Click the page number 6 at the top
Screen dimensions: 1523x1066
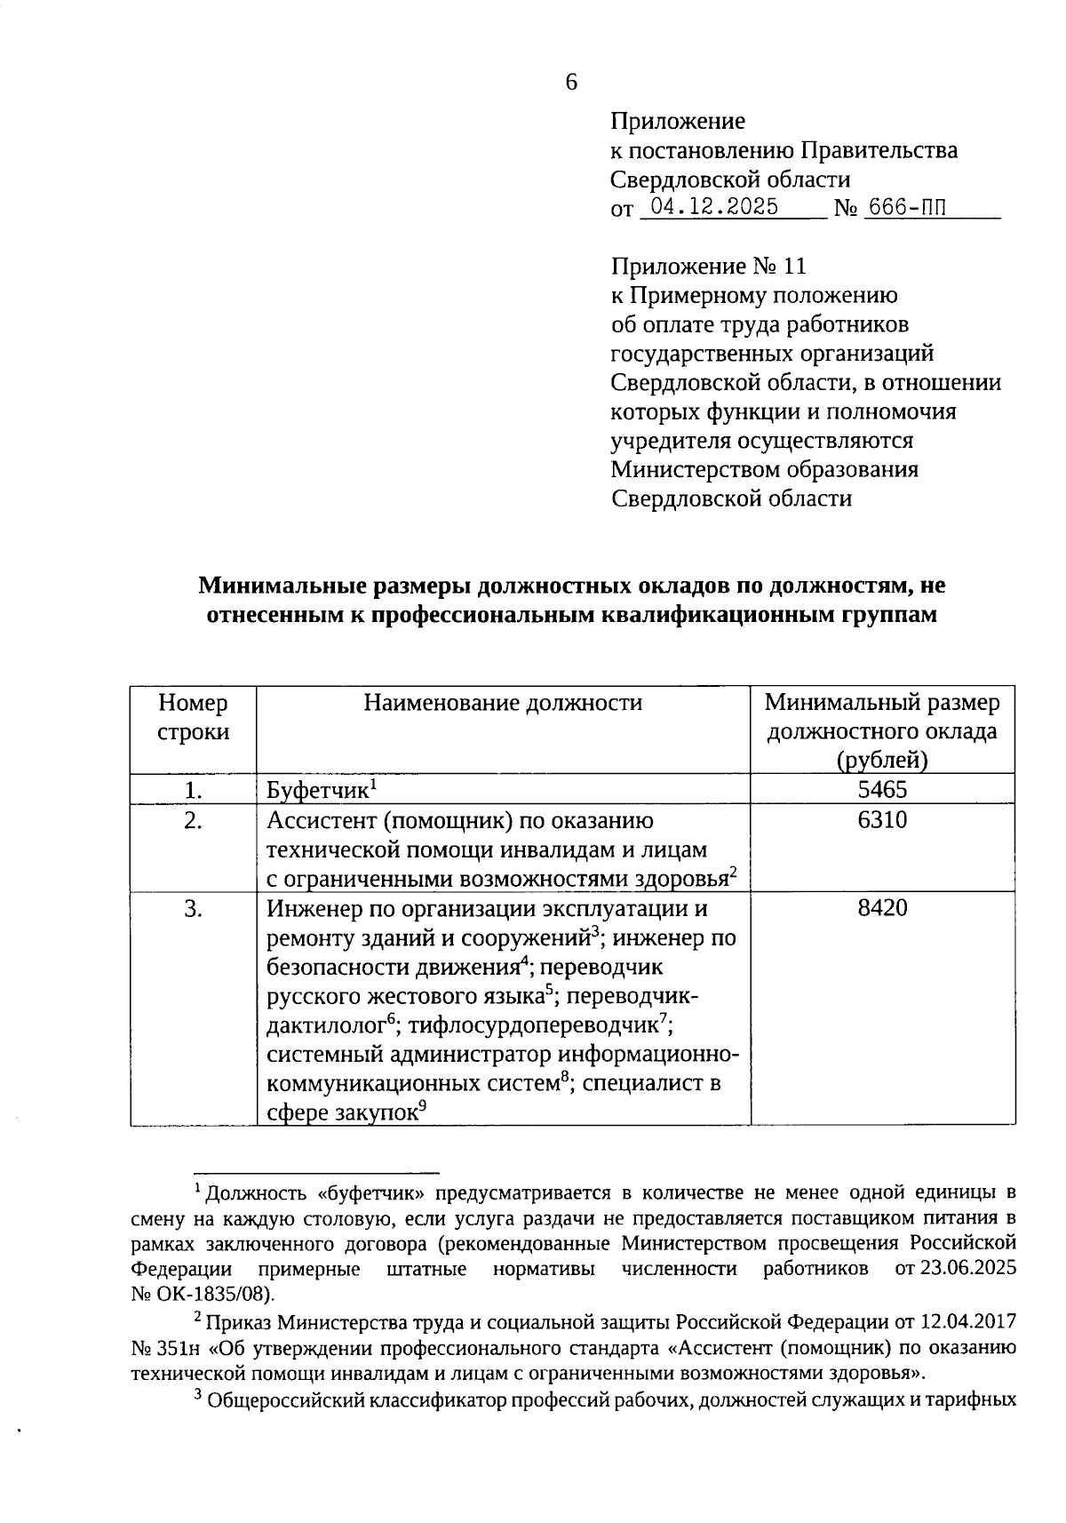pyautogui.click(x=570, y=83)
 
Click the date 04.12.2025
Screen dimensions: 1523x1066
pyautogui.click(x=714, y=207)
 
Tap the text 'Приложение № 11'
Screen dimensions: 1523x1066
pyautogui.click(x=708, y=266)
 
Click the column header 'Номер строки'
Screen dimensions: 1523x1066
pyautogui.click(x=193, y=718)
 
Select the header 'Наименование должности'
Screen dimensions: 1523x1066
pyautogui.click(x=503, y=703)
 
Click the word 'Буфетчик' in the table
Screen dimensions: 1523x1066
pyautogui.click(x=317, y=791)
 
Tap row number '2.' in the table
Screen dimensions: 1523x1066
pyautogui.click(x=193, y=820)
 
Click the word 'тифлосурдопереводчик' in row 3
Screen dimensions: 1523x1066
pyautogui.click(x=533, y=1025)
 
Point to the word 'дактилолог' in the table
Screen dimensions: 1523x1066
pyautogui.click(x=326, y=1025)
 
